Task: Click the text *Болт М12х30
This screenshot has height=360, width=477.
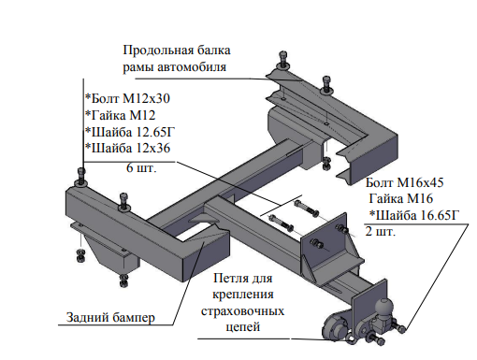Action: click(x=127, y=98)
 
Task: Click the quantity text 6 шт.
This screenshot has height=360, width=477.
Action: click(x=141, y=170)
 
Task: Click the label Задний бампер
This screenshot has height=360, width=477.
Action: click(x=109, y=317)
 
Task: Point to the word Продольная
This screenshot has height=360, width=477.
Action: click(x=157, y=50)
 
